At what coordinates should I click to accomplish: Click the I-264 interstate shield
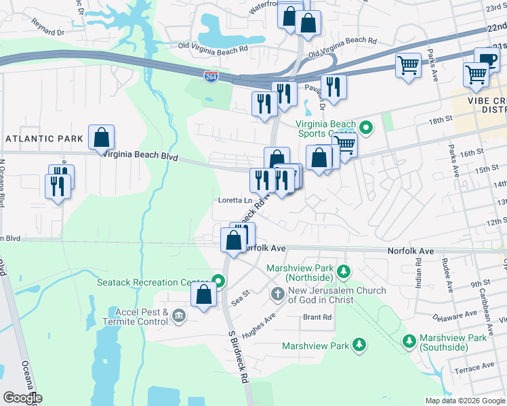pyautogui.click(x=211, y=77)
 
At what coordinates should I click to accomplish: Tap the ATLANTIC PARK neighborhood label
pyautogui.click(x=44, y=139)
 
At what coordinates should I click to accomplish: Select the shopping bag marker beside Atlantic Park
pyautogui.click(x=101, y=137)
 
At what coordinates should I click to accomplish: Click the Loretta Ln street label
pyautogui.click(x=235, y=201)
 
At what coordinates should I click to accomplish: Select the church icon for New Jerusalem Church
pyautogui.click(x=277, y=294)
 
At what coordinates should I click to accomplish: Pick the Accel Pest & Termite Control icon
pyautogui.click(x=179, y=315)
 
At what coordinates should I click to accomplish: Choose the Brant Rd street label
pyautogui.click(x=317, y=317)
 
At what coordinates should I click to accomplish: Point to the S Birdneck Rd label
pyautogui.click(x=237, y=357)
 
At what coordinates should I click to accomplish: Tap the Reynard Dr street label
pyautogui.click(x=47, y=27)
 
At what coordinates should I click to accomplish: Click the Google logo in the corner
pyautogui.click(x=22, y=398)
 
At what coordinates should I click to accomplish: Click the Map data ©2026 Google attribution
pyautogui.click(x=465, y=401)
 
